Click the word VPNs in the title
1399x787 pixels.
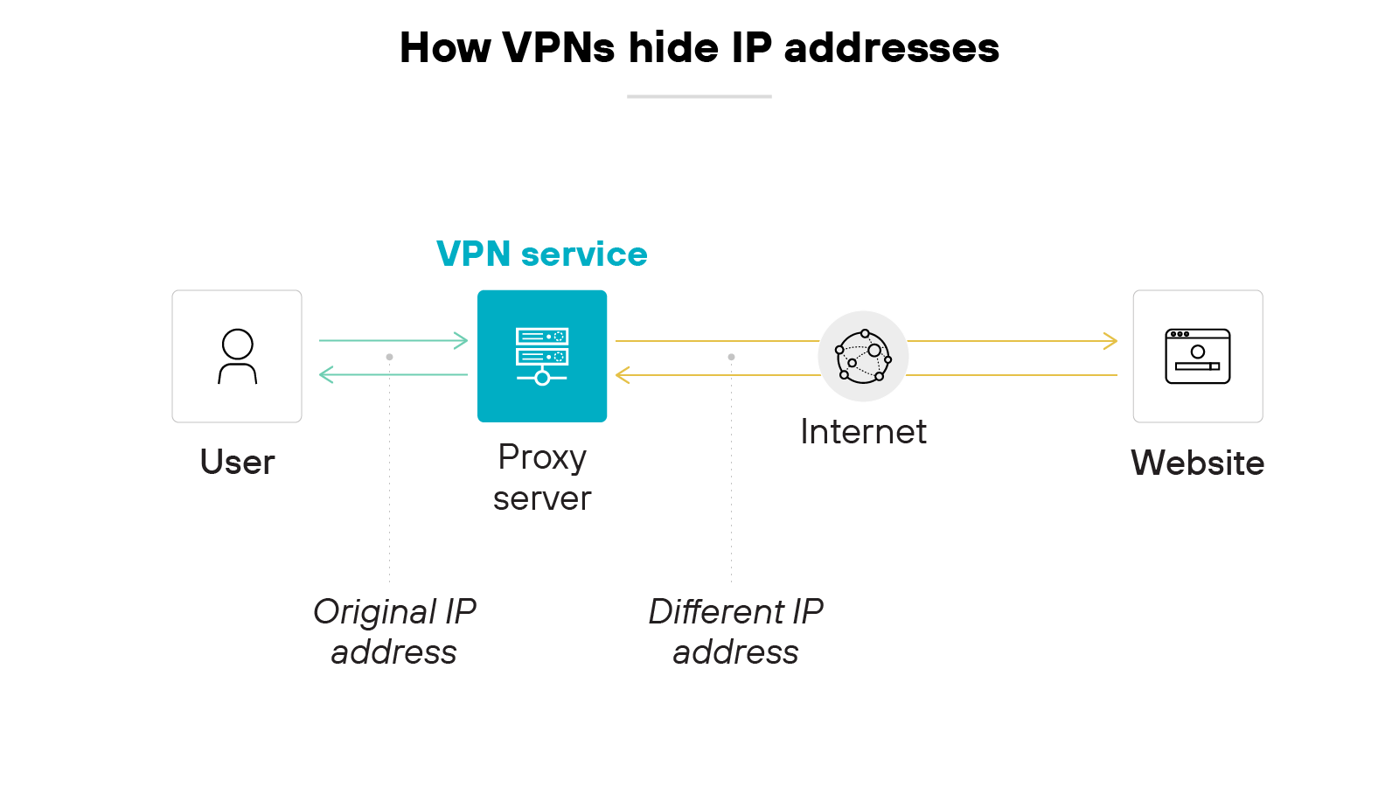tap(559, 48)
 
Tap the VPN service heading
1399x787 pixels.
tap(541, 254)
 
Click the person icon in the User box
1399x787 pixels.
tap(237, 356)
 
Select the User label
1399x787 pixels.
tap(237, 462)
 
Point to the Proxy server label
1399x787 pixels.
tap(542, 477)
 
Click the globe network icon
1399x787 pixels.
tap(863, 356)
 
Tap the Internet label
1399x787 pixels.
tap(863, 432)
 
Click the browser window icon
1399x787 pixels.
tap(1197, 356)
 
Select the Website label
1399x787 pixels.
tap(1197, 463)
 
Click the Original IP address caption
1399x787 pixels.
tap(394, 631)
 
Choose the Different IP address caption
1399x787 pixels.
tap(735, 631)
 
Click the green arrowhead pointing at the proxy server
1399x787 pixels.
tap(463, 340)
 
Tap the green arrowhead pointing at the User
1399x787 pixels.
tap(325, 375)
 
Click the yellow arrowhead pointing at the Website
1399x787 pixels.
tap(1111, 341)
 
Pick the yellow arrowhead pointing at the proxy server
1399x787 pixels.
tap(622, 375)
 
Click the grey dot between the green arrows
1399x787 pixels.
tap(389, 357)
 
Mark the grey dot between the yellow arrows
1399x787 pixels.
tap(731, 357)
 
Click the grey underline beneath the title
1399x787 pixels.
tap(699, 96)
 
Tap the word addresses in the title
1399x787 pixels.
tap(891, 48)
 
